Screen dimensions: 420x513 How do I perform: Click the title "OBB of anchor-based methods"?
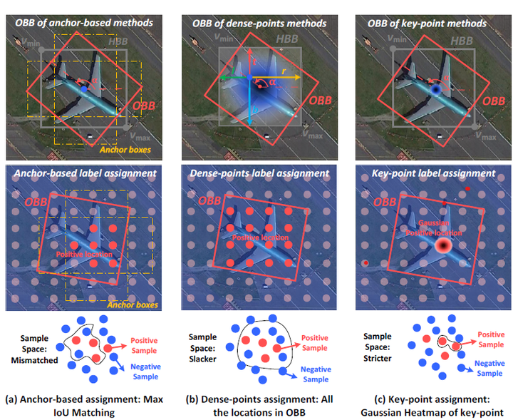pyautogui.click(x=84, y=24)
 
